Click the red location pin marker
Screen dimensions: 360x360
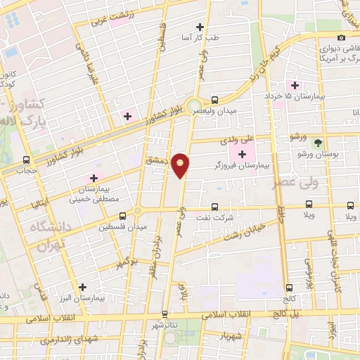[x=181, y=165]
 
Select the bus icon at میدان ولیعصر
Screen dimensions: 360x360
[x=214, y=100]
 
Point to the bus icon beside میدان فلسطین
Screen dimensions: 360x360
[x=123, y=216]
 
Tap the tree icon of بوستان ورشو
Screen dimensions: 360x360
[x=318, y=141]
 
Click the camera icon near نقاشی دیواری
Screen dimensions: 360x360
[x=341, y=37]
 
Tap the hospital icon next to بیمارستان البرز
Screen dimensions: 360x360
[x=84, y=287]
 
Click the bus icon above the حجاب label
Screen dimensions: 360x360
[x=27, y=160]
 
